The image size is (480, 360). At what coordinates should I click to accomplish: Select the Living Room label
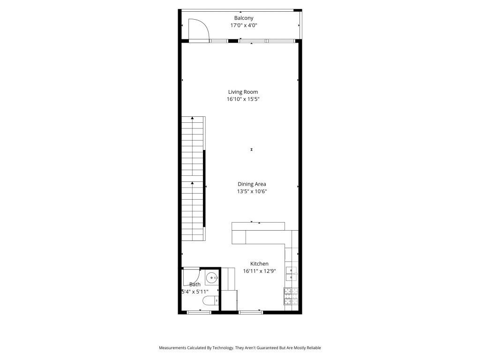point(243,92)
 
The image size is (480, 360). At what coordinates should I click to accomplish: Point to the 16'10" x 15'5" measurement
point(243,99)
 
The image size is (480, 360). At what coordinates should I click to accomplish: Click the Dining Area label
point(252,184)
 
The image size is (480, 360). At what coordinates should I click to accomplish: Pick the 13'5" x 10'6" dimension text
point(252,191)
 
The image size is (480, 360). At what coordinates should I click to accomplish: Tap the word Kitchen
point(259,264)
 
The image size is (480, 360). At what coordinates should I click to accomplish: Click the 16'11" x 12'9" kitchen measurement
point(259,271)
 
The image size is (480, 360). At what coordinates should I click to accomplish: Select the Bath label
point(195,285)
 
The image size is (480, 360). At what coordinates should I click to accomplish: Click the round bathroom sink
point(212,277)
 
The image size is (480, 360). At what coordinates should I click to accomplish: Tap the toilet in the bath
point(208,300)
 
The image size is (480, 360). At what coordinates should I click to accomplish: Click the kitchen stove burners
point(291,296)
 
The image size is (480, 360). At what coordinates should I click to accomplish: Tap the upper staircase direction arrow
point(192,119)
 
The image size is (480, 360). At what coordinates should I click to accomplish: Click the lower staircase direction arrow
point(192,183)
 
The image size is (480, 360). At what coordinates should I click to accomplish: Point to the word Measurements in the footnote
point(174,348)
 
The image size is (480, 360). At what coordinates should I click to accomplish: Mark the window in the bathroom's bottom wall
point(199,312)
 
